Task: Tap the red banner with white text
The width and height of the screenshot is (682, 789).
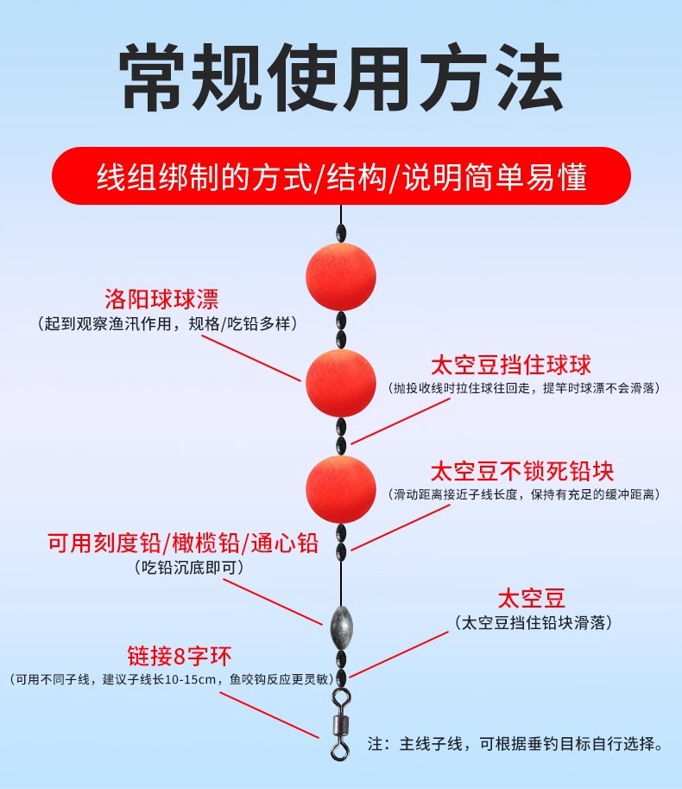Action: click(x=341, y=175)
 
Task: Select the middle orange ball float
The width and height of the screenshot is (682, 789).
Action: click(x=341, y=383)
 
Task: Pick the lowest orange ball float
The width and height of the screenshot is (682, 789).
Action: click(x=341, y=488)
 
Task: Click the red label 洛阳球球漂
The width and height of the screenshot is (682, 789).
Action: click(x=161, y=299)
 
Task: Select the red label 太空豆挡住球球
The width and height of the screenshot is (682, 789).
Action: click(x=511, y=364)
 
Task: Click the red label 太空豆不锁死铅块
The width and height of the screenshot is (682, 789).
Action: click(x=522, y=471)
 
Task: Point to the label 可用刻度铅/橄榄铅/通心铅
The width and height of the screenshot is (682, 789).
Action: click(x=183, y=544)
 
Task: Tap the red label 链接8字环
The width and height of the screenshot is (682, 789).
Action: click(x=180, y=653)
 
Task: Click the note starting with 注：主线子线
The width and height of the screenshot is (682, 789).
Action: click(x=515, y=743)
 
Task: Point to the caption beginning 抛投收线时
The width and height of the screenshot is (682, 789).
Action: click(x=524, y=388)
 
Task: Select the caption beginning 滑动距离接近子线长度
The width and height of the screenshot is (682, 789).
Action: click(x=525, y=494)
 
